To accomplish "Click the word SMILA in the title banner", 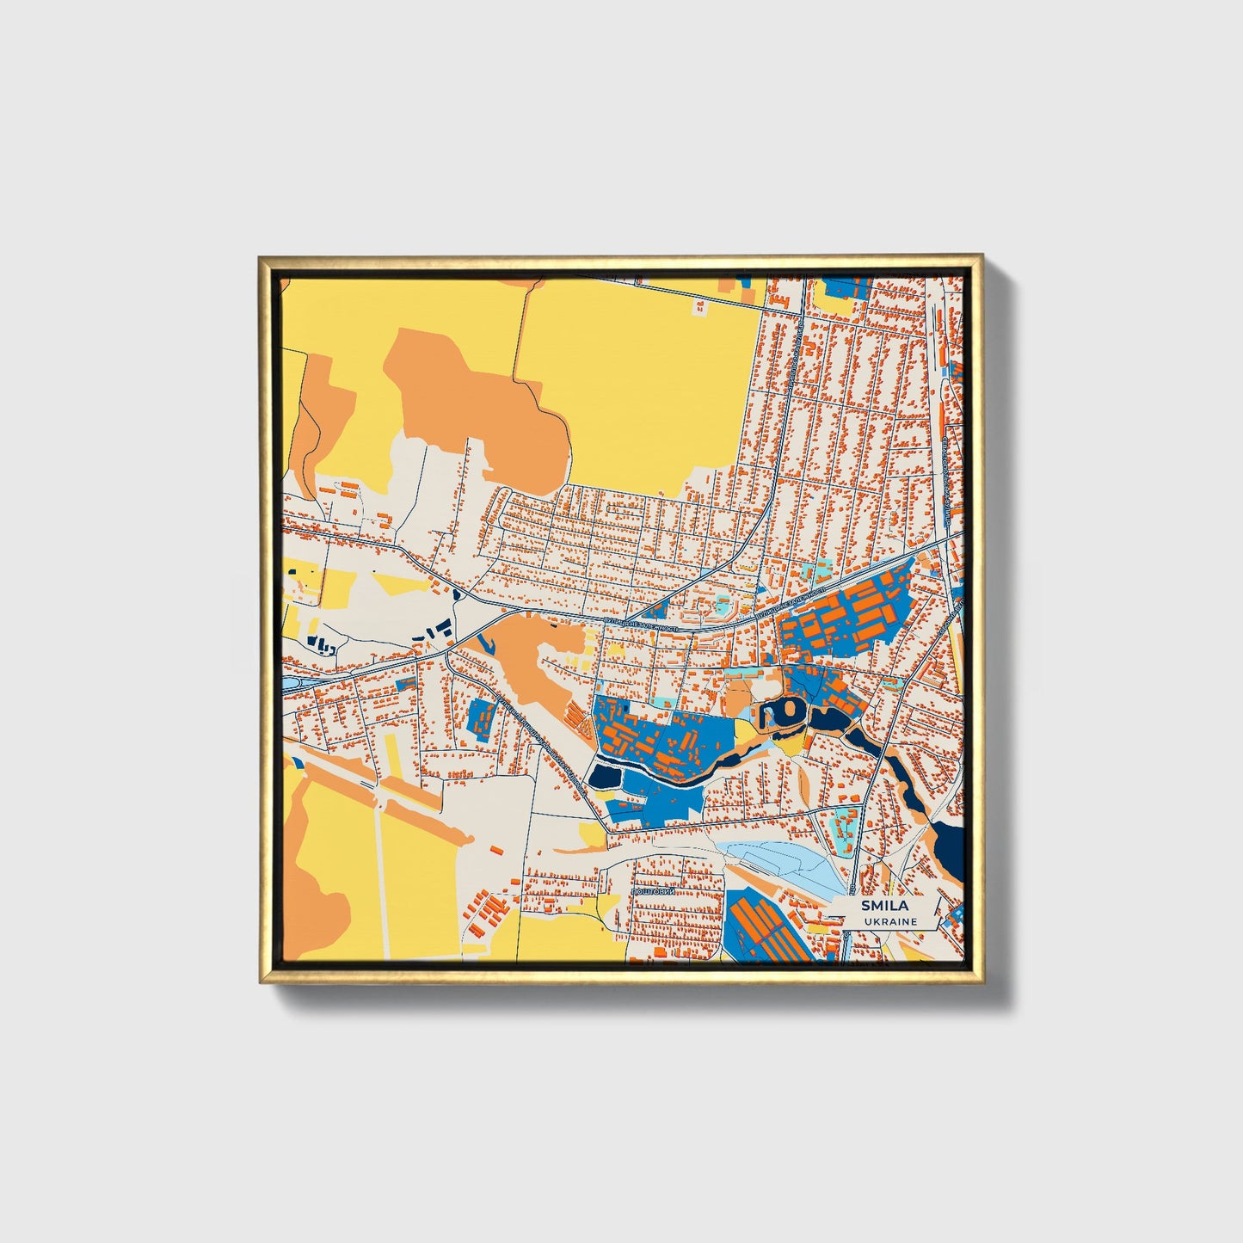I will (x=883, y=906).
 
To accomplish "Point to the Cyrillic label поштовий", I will (x=652, y=892).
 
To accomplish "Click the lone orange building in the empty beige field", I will (x=496, y=850).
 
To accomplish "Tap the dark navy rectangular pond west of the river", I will (x=604, y=777).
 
